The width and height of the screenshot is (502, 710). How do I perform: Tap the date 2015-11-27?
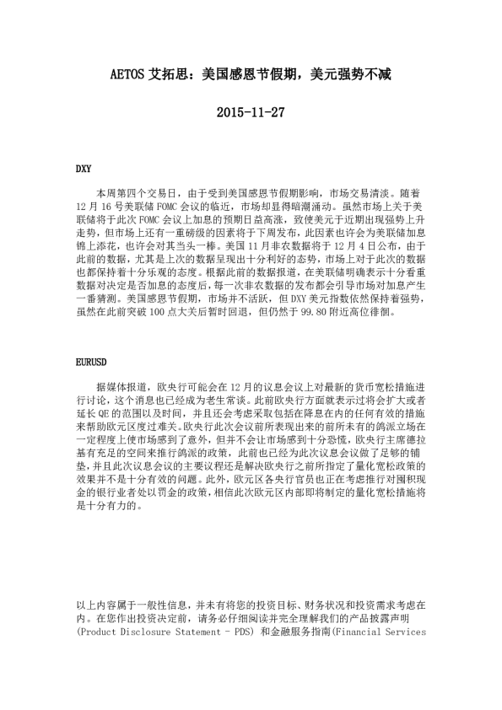pos(251,111)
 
